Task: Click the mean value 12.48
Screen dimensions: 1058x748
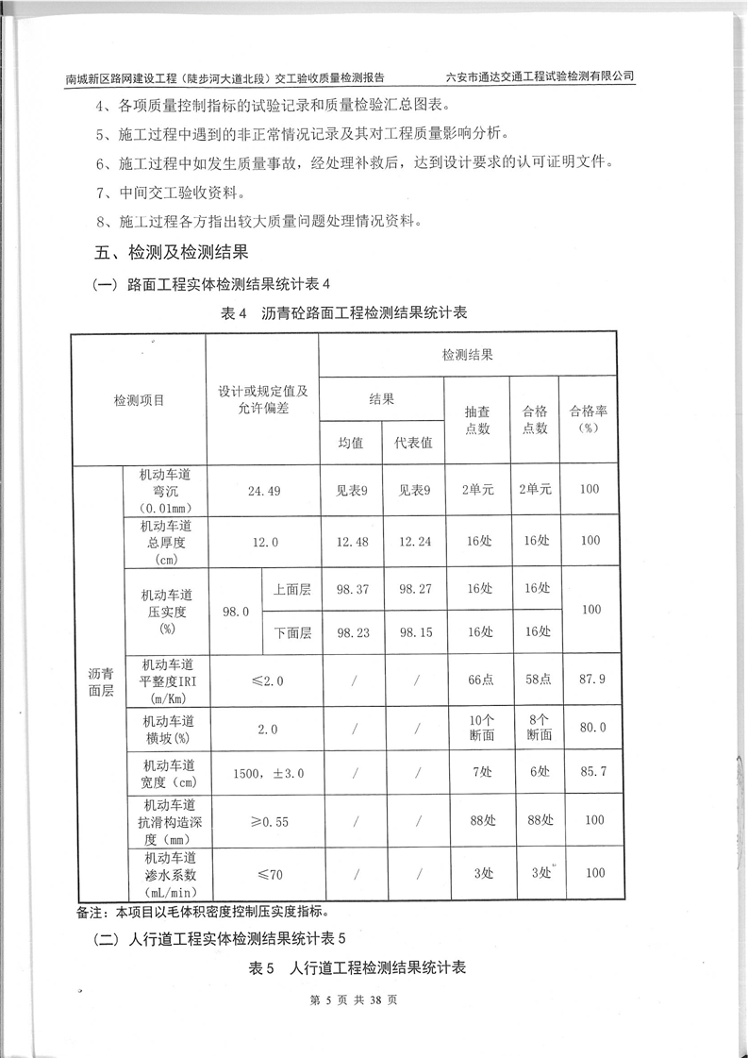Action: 351,541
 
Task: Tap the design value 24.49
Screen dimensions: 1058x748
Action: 263,491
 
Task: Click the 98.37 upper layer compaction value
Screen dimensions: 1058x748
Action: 351,589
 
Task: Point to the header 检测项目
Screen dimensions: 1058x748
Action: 139,400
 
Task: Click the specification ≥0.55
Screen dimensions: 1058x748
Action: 263,821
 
